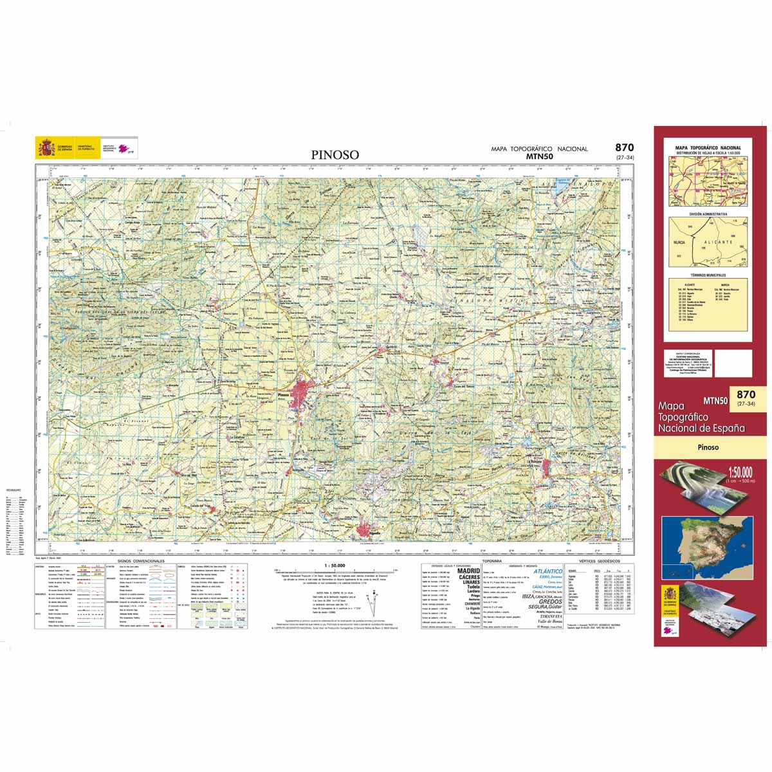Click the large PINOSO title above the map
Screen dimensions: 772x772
pos(335,154)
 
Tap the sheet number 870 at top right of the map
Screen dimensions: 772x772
pos(624,148)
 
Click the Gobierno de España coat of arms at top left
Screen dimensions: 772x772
pos(46,148)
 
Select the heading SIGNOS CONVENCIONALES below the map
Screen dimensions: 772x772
pos(138,561)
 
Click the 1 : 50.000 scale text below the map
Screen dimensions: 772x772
pos(335,565)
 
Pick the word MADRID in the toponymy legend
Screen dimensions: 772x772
pos(468,570)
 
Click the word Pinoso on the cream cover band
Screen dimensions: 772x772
pos(708,446)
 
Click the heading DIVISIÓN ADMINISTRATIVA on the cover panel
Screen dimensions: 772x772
pos(708,214)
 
